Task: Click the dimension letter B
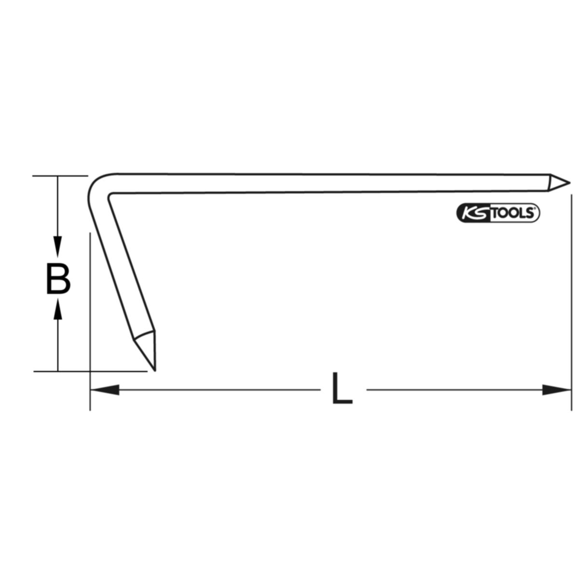tap(58, 278)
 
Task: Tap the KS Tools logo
tap(498, 213)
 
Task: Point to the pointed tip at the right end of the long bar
tap(569, 182)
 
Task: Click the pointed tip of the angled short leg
tap(155, 371)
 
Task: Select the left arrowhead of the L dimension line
tap(105, 390)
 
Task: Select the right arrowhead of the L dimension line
tap(556, 390)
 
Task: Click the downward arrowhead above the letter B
tap(58, 248)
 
